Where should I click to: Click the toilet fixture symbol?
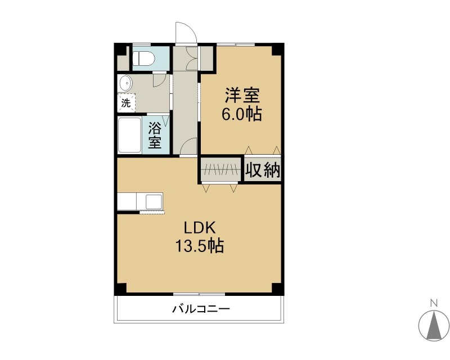(x=143, y=58)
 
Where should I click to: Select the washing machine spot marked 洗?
(x=126, y=102)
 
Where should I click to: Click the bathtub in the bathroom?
(x=130, y=135)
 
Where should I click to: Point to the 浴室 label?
(x=155, y=135)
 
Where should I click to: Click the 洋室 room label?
(x=242, y=95)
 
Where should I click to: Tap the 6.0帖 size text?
(x=241, y=114)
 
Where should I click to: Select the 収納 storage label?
(x=262, y=170)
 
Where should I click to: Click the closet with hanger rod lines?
(x=220, y=170)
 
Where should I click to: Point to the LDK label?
(x=200, y=228)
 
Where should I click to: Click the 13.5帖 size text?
(x=200, y=246)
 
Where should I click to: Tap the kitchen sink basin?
(x=154, y=202)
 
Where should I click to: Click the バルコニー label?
(x=201, y=309)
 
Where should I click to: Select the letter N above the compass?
(x=434, y=303)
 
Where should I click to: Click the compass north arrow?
(x=434, y=325)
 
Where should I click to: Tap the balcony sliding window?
(x=199, y=294)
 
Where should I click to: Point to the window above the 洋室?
(x=236, y=44)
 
